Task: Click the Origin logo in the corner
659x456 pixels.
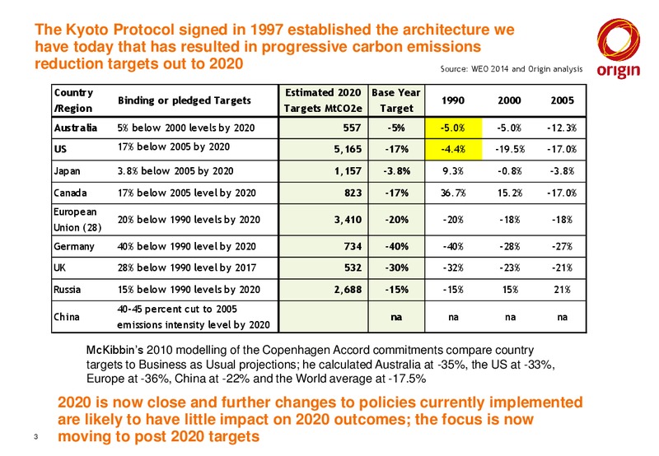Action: (x=619, y=49)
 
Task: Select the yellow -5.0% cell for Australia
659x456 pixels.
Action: (x=454, y=128)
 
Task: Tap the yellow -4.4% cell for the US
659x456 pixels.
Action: (x=454, y=149)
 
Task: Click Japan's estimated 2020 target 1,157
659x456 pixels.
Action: (x=348, y=171)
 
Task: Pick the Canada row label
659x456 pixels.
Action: (x=70, y=193)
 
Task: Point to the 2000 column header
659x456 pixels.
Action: (x=509, y=100)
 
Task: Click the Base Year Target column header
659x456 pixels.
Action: (x=396, y=100)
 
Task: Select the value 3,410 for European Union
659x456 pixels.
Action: (x=348, y=219)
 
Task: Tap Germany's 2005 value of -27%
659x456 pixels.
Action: (x=563, y=246)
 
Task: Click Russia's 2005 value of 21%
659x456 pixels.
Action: (x=563, y=289)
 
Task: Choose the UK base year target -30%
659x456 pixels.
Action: (x=397, y=268)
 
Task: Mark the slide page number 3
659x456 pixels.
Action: (x=35, y=437)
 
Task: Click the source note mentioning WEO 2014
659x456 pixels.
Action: (x=512, y=69)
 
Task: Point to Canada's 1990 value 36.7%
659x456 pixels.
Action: (x=453, y=193)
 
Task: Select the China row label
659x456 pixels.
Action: (x=67, y=317)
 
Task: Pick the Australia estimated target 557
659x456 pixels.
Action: (x=353, y=128)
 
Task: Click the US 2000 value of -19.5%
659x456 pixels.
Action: (x=509, y=149)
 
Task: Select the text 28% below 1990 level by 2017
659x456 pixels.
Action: (x=187, y=268)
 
